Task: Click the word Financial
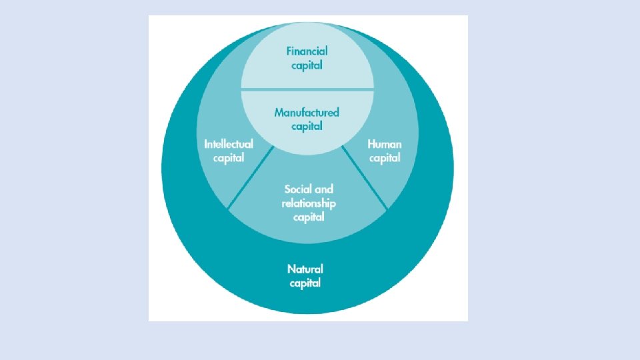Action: (x=307, y=51)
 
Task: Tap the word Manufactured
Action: (x=307, y=112)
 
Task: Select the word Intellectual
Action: (x=229, y=144)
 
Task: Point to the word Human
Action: (x=385, y=144)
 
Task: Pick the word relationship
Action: (x=309, y=203)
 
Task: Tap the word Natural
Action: (x=305, y=269)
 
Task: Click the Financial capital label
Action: (x=307, y=58)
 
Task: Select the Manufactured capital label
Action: (x=307, y=119)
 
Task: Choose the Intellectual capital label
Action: (x=229, y=151)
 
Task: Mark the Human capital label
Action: (x=385, y=151)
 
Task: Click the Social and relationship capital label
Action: (x=309, y=203)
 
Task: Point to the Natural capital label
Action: (x=305, y=276)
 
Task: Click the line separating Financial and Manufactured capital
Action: (x=307, y=89)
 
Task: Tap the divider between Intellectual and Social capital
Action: (x=251, y=178)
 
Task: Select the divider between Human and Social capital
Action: (x=365, y=178)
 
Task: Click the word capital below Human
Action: (x=385, y=159)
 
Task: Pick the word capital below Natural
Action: (x=305, y=283)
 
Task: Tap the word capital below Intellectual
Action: (x=229, y=159)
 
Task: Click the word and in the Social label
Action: (x=324, y=189)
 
